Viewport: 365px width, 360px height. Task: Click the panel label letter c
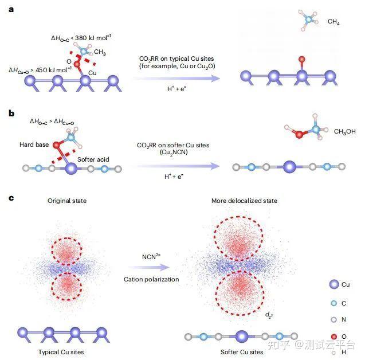[x=11, y=198]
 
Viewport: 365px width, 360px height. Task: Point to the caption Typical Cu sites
[x=62, y=351]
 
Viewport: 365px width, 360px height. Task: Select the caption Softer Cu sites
[x=241, y=351]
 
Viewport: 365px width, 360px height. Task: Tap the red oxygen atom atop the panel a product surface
[x=300, y=59]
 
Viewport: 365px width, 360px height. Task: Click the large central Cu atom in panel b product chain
[x=290, y=167]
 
